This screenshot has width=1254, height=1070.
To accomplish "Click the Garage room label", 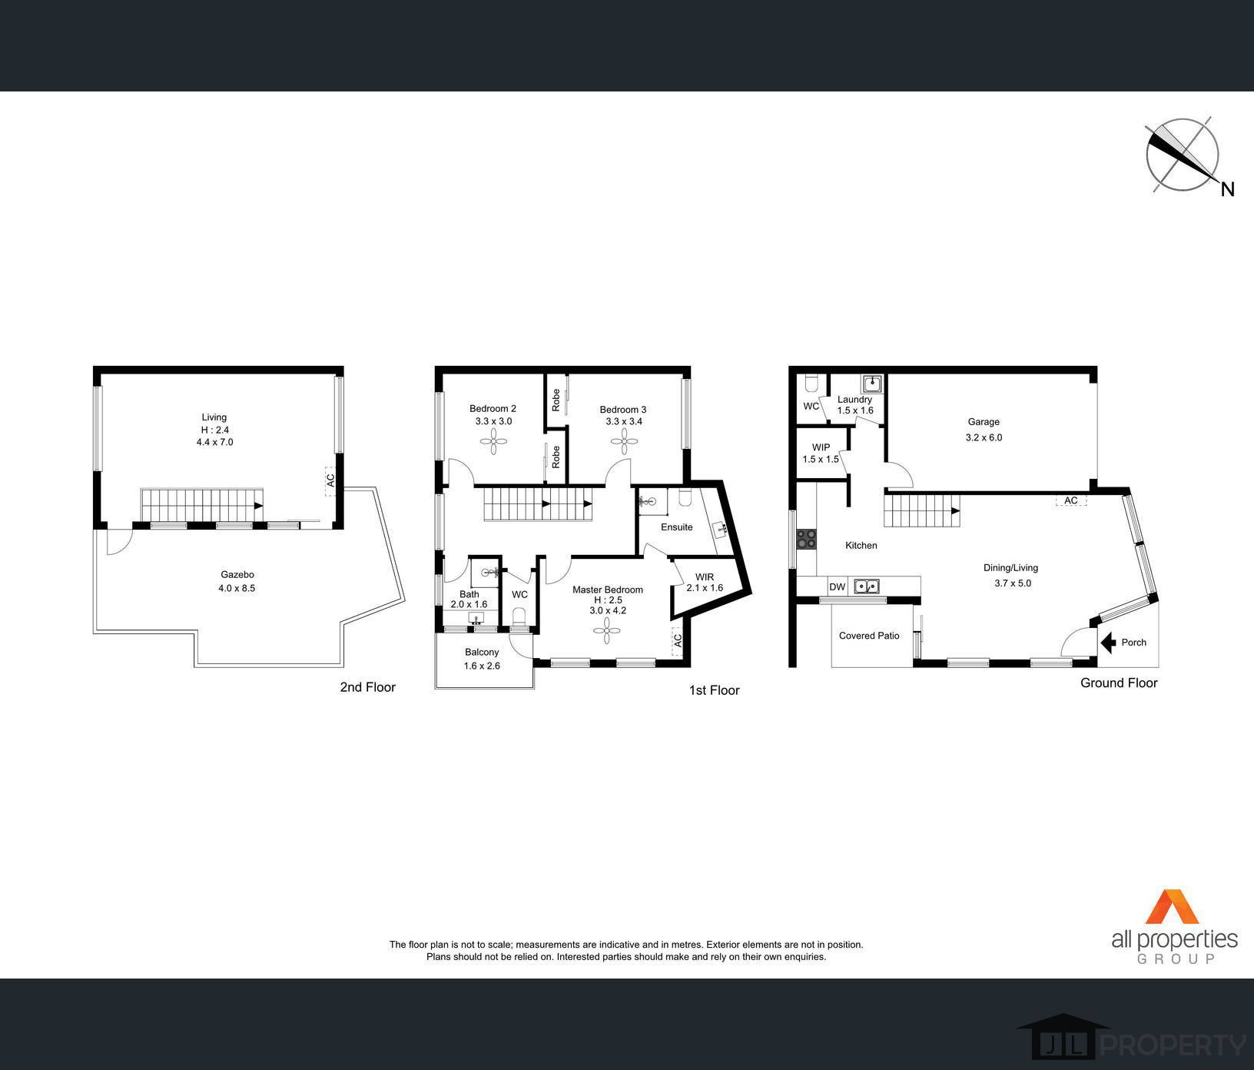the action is click(x=984, y=422).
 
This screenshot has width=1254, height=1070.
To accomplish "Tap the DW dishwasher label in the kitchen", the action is click(x=837, y=587).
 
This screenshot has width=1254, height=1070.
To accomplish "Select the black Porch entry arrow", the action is click(x=1108, y=643).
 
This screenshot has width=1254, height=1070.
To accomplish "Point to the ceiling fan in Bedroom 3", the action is click(x=624, y=441).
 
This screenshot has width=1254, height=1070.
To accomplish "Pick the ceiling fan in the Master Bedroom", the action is click(x=607, y=631).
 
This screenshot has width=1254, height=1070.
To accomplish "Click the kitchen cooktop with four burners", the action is click(x=807, y=539).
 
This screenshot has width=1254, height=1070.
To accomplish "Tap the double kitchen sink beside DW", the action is click(x=868, y=587).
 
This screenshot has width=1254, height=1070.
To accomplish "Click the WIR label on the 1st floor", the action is click(x=705, y=577).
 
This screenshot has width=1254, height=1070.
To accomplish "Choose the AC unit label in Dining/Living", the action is click(x=1071, y=500).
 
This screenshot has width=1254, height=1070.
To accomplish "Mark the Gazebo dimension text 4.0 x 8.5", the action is click(x=237, y=588).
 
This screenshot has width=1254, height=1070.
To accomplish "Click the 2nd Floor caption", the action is click(x=367, y=687).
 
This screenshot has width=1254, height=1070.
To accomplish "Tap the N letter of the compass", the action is click(x=1227, y=188).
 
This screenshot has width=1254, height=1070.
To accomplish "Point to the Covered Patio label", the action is click(x=869, y=636).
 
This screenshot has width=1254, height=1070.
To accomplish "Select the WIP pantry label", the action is click(x=821, y=447).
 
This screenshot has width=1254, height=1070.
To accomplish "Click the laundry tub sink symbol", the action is click(x=874, y=383).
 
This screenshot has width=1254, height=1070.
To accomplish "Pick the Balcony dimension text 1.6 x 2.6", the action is click(x=482, y=666).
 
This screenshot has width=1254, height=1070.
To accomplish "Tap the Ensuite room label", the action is click(x=677, y=527).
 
